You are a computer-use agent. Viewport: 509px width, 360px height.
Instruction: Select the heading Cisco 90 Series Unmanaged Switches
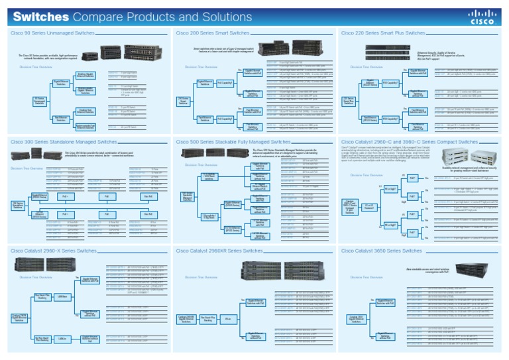(53, 32)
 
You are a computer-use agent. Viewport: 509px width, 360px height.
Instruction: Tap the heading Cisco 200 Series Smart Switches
(212, 32)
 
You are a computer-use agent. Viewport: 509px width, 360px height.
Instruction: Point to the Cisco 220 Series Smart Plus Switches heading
(383, 32)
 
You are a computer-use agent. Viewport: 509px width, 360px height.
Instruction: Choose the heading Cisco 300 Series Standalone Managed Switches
(63, 142)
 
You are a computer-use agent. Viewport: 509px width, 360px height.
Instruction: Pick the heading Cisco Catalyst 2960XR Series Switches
(219, 251)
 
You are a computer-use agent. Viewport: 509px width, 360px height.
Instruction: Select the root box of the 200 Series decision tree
(184, 101)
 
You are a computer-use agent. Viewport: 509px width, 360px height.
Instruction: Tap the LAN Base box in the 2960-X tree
(61, 296)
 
